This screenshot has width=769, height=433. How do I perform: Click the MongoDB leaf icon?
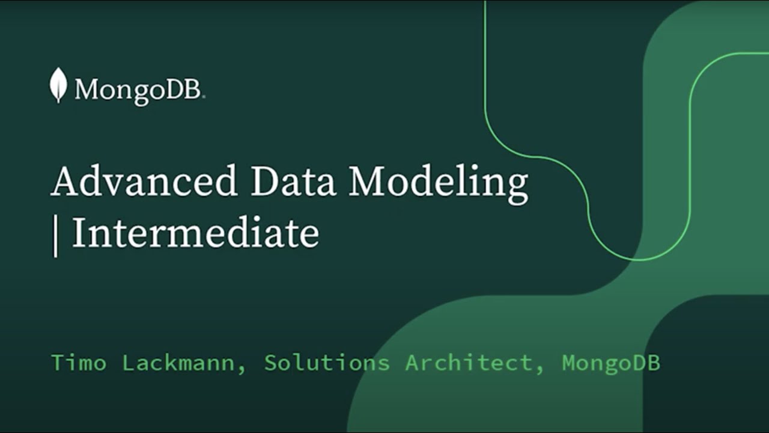[58, 85]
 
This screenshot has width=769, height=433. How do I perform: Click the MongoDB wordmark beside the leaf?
[139, 91]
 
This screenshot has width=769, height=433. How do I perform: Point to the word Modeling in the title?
[439, 182]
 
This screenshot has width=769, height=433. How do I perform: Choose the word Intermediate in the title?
[195, 233]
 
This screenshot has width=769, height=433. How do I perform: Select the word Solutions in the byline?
[327, 363]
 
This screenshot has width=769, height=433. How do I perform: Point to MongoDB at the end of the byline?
[611, 363]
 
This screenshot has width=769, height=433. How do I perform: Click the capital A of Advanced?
[64, 182]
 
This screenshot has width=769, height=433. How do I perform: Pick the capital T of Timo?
[58, 363]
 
